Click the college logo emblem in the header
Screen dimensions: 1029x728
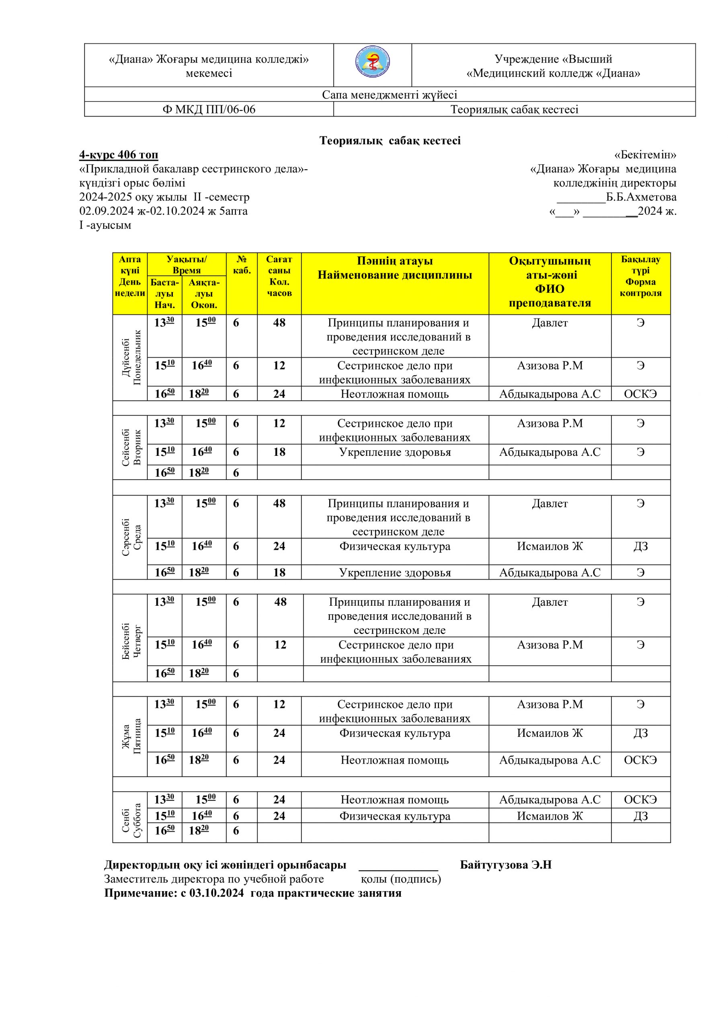(372, 63)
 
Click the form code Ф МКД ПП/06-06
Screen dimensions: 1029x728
(209, 109)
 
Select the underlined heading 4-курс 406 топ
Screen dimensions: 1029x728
(119, 155)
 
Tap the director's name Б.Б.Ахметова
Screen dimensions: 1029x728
(641, 197)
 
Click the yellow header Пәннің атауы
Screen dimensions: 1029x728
(394, 261)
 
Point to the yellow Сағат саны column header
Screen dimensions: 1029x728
(279, 276)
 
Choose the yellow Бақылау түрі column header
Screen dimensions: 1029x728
(641, 276)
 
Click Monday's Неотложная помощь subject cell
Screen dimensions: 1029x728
(394, 394)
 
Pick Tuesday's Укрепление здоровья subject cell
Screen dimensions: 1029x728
(394, 452)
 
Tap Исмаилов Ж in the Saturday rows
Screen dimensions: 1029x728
(550, 816)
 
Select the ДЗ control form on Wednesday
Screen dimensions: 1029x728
(641, 546)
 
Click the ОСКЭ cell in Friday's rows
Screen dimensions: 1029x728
(641, 760)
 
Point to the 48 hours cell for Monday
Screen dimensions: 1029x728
(279, 323)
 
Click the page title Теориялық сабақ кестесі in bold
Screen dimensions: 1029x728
(390, 141)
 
